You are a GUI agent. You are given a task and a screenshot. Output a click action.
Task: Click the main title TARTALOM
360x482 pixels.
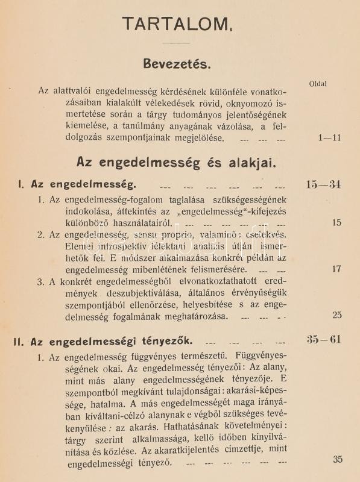point(175,23)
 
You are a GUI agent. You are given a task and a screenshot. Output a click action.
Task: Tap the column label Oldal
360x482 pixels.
point(317,84)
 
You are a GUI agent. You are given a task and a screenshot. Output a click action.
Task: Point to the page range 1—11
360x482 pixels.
point(329,137)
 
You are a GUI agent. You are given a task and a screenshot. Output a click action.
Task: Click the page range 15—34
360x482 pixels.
point(323,184)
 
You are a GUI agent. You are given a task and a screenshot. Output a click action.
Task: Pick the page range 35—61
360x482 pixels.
point(323,339)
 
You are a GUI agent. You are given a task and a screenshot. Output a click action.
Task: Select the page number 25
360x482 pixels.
point(336,315)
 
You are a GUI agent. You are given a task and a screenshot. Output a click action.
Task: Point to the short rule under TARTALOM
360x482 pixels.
point(177,44)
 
